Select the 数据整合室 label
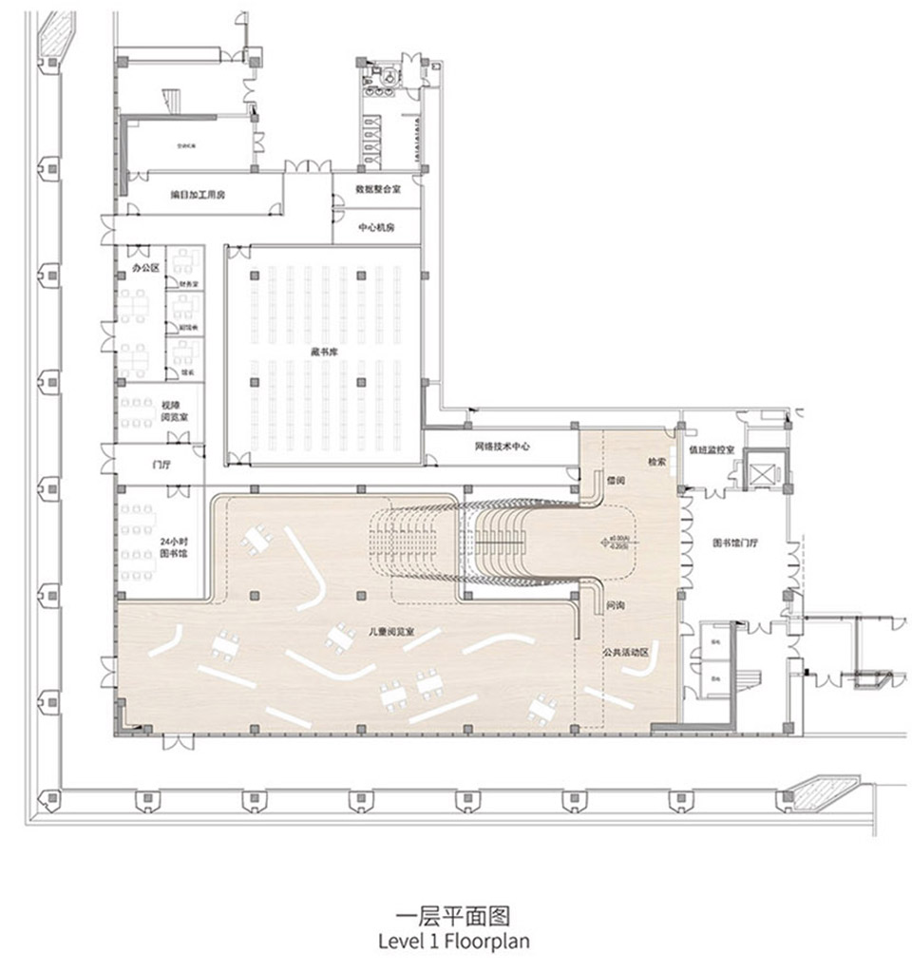(376, 189)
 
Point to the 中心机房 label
(376, 228)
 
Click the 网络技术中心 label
(503, 446)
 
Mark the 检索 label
(656, 461)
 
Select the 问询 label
(614, 604)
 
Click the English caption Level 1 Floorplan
(453, 941)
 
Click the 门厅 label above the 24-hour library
(147, 465)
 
